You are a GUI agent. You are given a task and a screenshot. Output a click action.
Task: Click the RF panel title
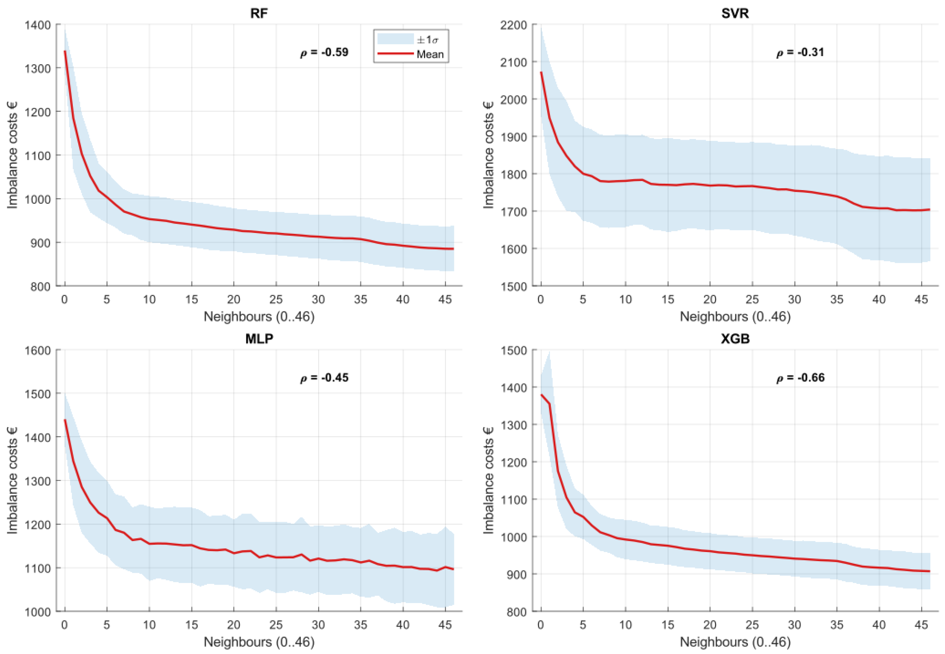[259, 14]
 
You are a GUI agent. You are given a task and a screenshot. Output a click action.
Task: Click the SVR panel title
[735, 14]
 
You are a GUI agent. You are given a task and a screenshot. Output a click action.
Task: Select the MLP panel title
[259, 339]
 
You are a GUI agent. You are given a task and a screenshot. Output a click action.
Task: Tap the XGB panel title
[735, 339]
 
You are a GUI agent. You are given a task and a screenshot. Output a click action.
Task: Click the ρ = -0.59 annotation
[324, 52]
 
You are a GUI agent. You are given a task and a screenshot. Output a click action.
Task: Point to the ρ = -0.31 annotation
[800, 52]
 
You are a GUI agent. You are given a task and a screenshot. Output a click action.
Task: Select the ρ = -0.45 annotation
[324, 378]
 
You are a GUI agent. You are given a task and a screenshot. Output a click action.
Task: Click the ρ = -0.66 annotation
[800, 378]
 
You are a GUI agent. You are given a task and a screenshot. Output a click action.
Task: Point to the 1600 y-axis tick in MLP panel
[37, 350]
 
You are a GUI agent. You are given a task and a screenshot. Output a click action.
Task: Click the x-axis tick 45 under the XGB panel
[921, 624]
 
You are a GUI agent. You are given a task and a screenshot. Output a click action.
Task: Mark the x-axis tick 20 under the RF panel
[233, 300]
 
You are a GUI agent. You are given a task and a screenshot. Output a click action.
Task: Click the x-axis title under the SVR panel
[735, 316]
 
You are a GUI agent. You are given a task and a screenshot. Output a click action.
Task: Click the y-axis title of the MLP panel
[12, 480]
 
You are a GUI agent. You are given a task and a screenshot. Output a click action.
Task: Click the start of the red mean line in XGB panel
[541, 395]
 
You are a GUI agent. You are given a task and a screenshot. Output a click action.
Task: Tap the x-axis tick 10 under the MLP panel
[149, 624]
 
